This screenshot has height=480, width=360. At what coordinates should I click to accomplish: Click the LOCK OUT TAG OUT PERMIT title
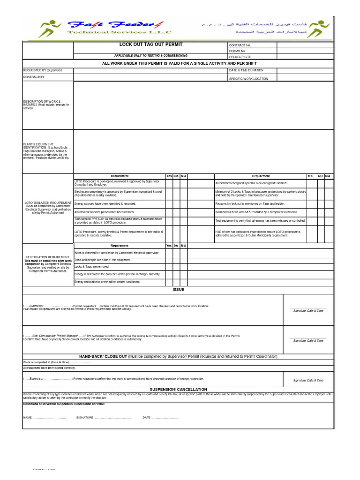click(150, 45)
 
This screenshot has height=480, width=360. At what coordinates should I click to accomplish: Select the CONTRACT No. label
click(240, 45)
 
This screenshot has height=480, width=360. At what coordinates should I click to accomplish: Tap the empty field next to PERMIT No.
click(305, 51)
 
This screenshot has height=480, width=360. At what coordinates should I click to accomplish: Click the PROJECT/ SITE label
click(240, 57)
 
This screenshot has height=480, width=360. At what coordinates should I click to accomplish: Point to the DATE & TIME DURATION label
click(246, 70)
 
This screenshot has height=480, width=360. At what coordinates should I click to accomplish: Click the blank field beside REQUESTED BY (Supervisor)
click(150, 71)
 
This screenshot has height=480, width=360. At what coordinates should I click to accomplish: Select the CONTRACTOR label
click(33, 77)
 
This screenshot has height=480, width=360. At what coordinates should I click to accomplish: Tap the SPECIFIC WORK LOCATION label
click(248, 79)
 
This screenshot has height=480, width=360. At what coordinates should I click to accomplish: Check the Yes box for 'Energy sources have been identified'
click(169, 204)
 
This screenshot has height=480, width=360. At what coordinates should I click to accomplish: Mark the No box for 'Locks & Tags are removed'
click(176, 266)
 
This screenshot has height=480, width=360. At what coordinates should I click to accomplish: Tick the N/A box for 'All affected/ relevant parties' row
click(184, 212)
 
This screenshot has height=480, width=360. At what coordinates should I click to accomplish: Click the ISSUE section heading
click(178, 290)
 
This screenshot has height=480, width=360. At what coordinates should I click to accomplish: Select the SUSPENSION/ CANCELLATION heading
click(178, 390)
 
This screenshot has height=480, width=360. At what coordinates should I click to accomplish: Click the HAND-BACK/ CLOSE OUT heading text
click(178, 357)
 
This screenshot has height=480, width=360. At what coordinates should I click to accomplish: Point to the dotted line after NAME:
click(49, 417)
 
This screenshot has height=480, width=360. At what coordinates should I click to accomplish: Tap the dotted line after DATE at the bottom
click(165, 417)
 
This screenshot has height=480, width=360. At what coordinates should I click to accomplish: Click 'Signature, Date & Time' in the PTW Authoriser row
click(308, 341)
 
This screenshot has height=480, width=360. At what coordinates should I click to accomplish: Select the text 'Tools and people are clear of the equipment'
click(103, 260)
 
